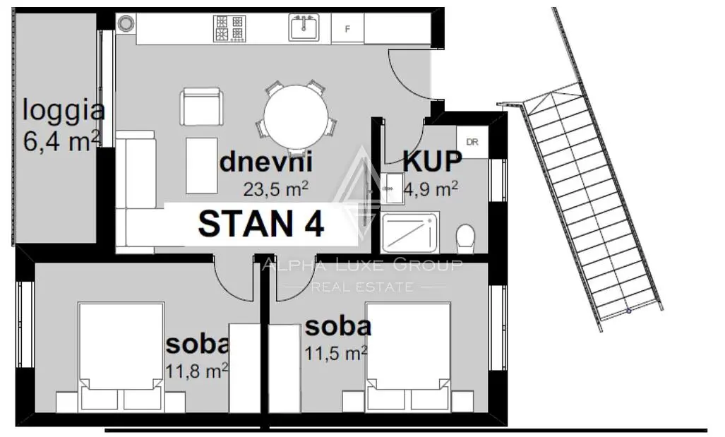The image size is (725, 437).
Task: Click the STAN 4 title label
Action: pyautogui.click(x=260, y=224)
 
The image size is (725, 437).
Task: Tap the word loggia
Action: pyautogui.click(x=64, y=112)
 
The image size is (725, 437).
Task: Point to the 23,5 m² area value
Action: pyautogui.click(x=275, y=188)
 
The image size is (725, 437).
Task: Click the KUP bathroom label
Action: pyautogui.click(x=432, y=162)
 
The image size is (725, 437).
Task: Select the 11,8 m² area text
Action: pyautogui.click(x=197, y=371)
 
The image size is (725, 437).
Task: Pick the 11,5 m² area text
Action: pyautogui.click(x=336, y=353)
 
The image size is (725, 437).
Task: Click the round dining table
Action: pyautogui.click(x=296, y=117)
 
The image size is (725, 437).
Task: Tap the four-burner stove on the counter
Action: pyautogui.click(x=229, y=29)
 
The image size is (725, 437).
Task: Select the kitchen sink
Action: pyautogui.click(x=304, y=28)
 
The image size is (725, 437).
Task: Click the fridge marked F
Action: pyautogui.click(x=348, y=29)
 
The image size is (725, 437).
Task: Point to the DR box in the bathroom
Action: pyautogui.click(x=472, y=142)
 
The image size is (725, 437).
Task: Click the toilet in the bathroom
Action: pyautogui.click(x=465, y=239)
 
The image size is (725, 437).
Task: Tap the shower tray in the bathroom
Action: pyautogui.click(x=409, y=232)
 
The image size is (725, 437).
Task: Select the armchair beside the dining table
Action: pyautogui.click(x=202, y=107)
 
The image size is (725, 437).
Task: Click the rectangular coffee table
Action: pyautogui.click(x=202, y=165)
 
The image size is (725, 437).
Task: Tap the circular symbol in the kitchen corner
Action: pyautogui.click(x=125, y=22)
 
